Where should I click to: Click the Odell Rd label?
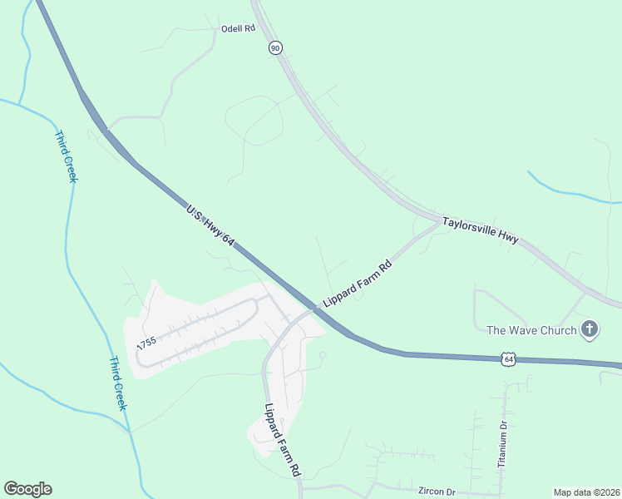pyautogui.click(x=237, y=28)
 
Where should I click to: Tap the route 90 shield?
pyautogui.click(x=275, y=48)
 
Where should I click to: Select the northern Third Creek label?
pyautogui.click(x=66, y=156)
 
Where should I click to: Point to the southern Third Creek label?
pyautogui.click(x=116, y=383)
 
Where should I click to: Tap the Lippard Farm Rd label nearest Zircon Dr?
pyautogui.click(x=283, y=440)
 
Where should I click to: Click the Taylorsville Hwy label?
pyautogui.click(x=480, y=230)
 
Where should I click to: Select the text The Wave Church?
pyautogui.click(x=531, y=330)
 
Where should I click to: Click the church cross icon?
pyautogui.click(x=589, y=329)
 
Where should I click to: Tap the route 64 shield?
pyautogui.click(x=509, y=358)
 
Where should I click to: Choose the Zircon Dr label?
pyautogui.click(x=439, y=492)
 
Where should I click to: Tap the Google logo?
pyautogui.click(x=27, y=489)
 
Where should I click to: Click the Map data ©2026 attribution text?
pyautogui.click(x=586, y=492)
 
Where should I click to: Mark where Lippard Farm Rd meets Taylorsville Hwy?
pyautogui.click(x=438, y=222)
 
